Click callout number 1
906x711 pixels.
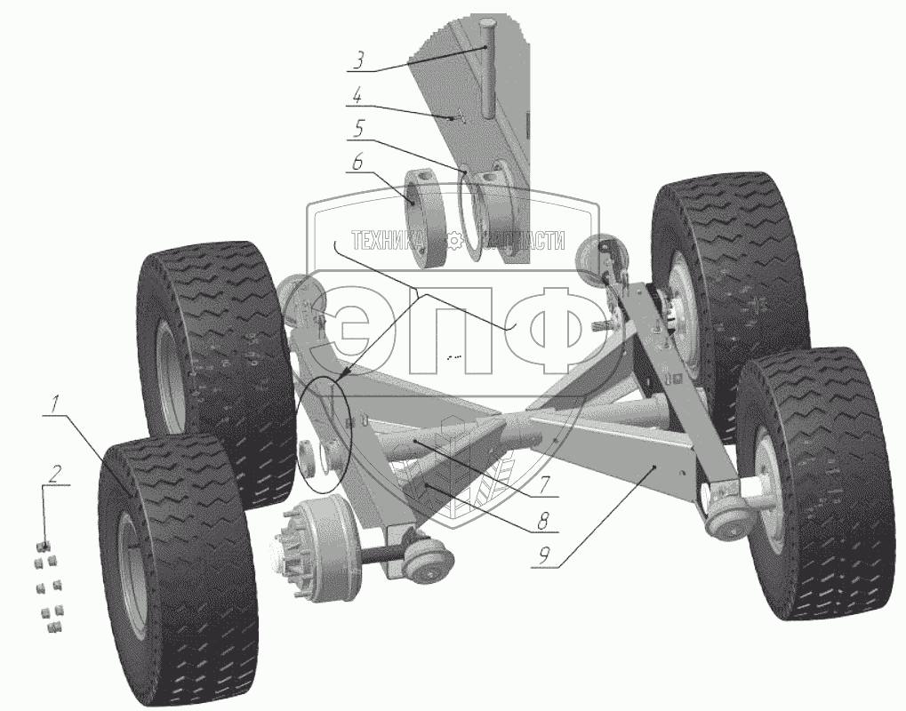pyautogui.click(x=55, y=403)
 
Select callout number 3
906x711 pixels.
pyautogui.click(x=359, y=60)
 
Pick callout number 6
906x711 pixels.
pyautogui.click(x=357, y=163)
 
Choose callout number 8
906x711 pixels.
pyautogui.click(x=542, y=522)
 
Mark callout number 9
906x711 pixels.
pyautogui.click(x=544, y=556)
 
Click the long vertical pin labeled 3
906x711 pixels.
pyautogui.click(x=488, y=68)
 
